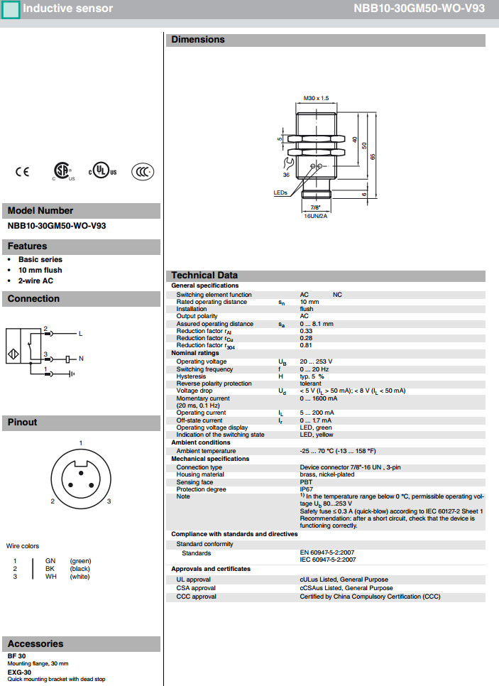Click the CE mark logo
(x=23, y=171)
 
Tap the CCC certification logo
(x=143, y=171)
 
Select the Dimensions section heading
(x=198, y=40)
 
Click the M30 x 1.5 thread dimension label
(x=317, y=98)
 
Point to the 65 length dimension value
(x=372, y=157)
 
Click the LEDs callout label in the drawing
(x=281, y=192)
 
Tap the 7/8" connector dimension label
(x=316, y=207)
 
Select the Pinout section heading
(x=22, y=423)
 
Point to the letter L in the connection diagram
(x=80, y=334)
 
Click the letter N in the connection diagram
(x=81, y=359)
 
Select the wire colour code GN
(x=50, y=561)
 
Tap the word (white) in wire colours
(x=80, y=577)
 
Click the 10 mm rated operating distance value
(x=309, y=302)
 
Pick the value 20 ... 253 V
(x=316, y=361)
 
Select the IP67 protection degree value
(x=307, y=489)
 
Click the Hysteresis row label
(x=191, y=376)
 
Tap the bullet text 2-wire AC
(x=35, y=281)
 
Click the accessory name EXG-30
(x=20, y=672)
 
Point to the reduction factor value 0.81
(x=307, y=346)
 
